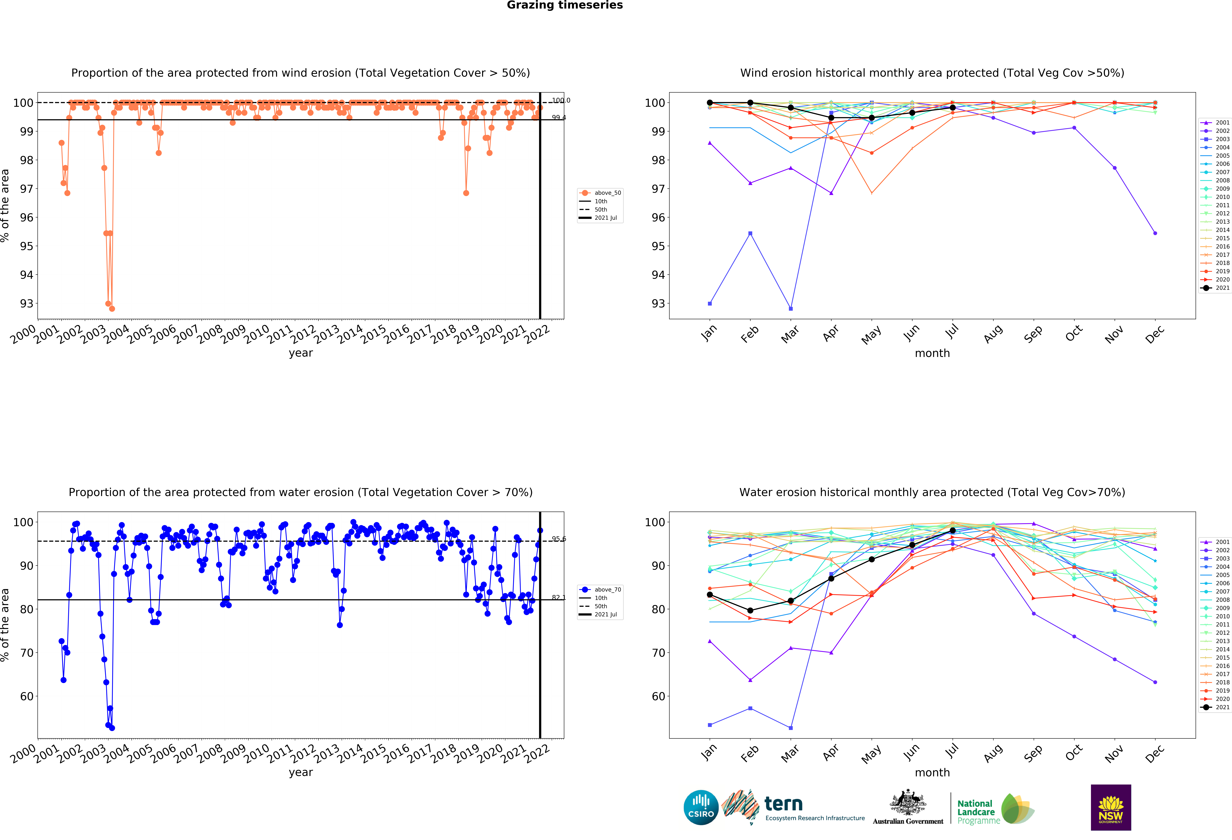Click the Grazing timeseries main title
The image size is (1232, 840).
click(x=565, y=5)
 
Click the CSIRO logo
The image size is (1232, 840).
click(x=701, y=808)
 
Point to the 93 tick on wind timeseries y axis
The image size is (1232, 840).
click(x=27, y=304)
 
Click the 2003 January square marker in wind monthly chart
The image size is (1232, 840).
click(x=710, y=304)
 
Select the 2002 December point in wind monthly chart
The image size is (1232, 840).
click(x=1155, y=233)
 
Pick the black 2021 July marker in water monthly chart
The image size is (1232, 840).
click(x=953, y=531)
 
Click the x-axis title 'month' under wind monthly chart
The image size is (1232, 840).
click(x=932, y=353)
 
